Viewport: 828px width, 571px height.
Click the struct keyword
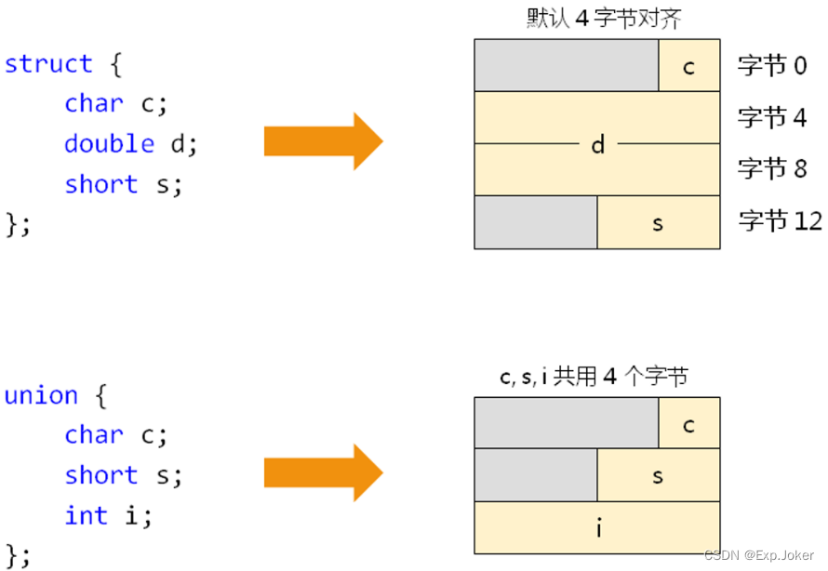(48, 64)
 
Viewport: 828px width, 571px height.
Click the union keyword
(41, 396)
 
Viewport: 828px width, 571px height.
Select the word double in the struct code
(109, 144)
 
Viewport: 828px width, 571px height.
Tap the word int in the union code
(86, 515)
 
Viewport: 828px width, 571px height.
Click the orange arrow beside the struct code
(323, 141)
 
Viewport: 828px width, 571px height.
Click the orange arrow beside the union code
(323, 472)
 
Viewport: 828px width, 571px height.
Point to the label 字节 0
(772, 66)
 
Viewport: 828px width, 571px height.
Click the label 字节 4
(772, 118)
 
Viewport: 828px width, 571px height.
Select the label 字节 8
(772, 169)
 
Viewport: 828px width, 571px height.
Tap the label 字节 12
(781, 221)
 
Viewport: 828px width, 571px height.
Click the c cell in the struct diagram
(689, 66)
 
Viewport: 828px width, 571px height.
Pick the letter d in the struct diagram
(597, 144)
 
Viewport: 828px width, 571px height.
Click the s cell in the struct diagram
(659, 222)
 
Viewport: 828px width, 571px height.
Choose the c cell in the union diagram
(689, 424)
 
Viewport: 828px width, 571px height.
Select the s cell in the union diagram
(659, 476)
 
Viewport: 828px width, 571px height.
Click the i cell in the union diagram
(597, 528)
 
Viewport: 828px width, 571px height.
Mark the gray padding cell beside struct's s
(536, 222)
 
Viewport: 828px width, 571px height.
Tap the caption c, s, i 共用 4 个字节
(594, 377)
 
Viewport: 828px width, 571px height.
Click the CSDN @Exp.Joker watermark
(759, 555)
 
